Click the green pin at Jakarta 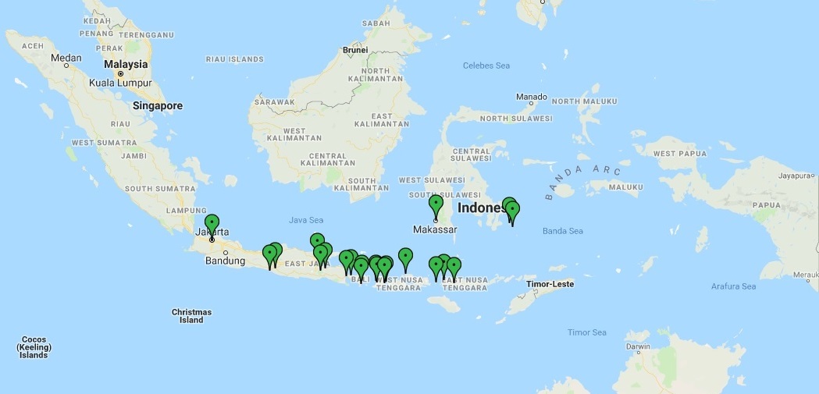212,223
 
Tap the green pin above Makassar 436,204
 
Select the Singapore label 157,106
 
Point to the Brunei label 355,51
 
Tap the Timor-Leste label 550,284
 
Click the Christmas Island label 191,316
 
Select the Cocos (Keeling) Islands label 34,347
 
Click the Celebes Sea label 486,66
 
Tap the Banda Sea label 563,231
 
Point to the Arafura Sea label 733,286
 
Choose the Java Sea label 306,220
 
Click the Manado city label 532,97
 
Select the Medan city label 66,58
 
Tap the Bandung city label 225,261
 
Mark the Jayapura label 796,176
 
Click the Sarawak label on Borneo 273,102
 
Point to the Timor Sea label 586,332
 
